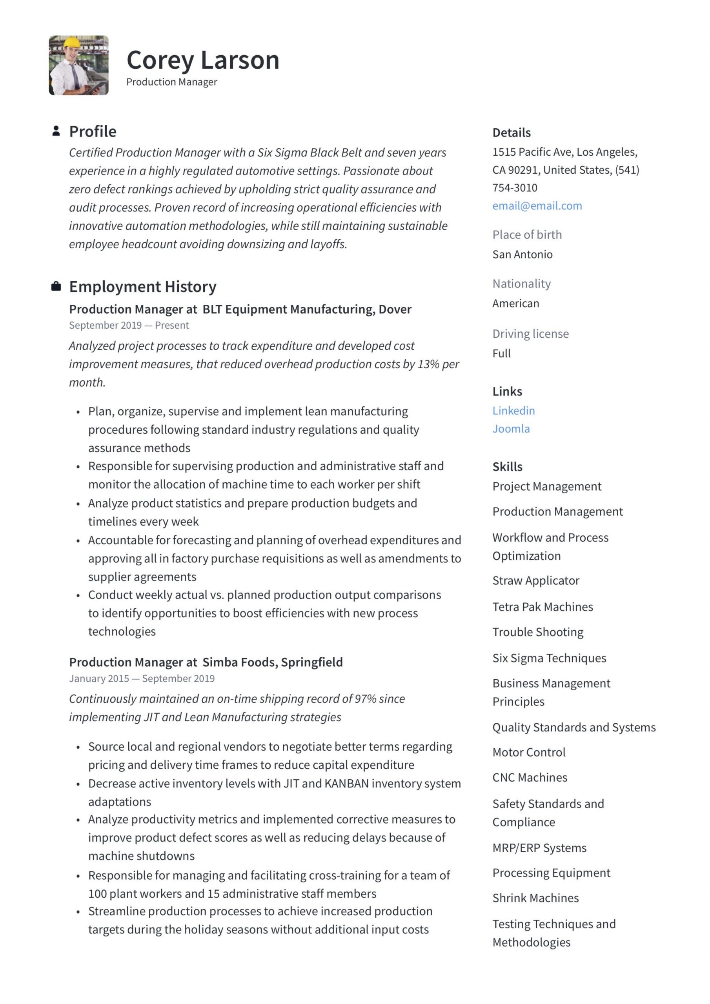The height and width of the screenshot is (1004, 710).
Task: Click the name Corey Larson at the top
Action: pyautogui.click(x=202, y=60)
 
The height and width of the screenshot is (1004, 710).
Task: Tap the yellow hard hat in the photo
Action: pyautogui.click(x=71, y=43)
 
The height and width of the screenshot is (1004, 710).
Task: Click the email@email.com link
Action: pyautogui.click(x=537, y=206)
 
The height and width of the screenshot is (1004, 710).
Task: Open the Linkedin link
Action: pyautogui.click(x=513, y=410)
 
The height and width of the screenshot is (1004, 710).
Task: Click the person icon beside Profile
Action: pyautogui.click(x=56, y=131)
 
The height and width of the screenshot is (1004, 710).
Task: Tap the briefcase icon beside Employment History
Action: pyautogui.click(x=56, y=286)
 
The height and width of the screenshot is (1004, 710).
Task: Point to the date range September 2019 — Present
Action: pyautogui.click(x=129, y=326)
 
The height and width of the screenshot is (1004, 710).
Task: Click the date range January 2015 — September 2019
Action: pyautogui.click(x=142, y=678)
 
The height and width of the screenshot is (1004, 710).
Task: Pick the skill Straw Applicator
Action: pyautogui.click(x=535, y=580)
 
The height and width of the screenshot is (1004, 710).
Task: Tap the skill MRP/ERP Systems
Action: pyautogui.click(x=539, y=848)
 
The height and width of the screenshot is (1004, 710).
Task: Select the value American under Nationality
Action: pyautogui.click(x=515, y=303)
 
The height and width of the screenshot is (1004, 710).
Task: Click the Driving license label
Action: pyautogui.click(x=530, y=334)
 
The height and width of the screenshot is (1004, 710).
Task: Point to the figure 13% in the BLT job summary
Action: pyautogui.click(x=428, y=364)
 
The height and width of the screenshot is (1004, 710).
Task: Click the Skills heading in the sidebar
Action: pyautogui.click(x=507, y=467)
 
